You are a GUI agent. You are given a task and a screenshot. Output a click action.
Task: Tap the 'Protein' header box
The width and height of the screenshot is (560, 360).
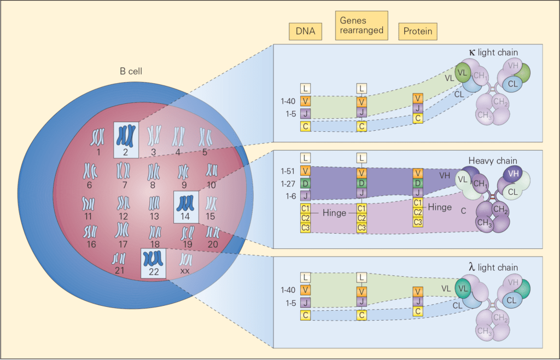pyautogui.click(x=418, y=31)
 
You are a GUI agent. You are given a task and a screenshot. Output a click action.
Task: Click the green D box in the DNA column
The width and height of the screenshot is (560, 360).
pyautogui.click(x=305, y=182)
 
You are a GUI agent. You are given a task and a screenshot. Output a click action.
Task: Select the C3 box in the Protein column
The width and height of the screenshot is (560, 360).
pyautogui.click(x=418, y=222)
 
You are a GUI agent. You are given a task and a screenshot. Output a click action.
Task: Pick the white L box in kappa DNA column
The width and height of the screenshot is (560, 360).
pyautogui.click(x=305, y=88)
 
